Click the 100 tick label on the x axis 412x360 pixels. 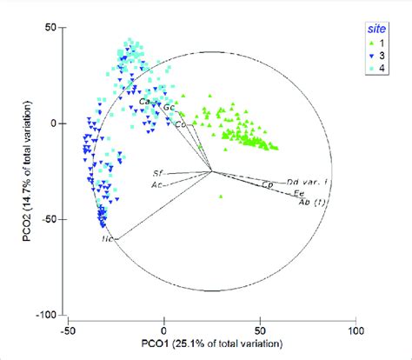356,330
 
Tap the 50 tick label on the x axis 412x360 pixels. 260,330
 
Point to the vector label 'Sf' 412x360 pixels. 158,174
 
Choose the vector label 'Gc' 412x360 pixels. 169,108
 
